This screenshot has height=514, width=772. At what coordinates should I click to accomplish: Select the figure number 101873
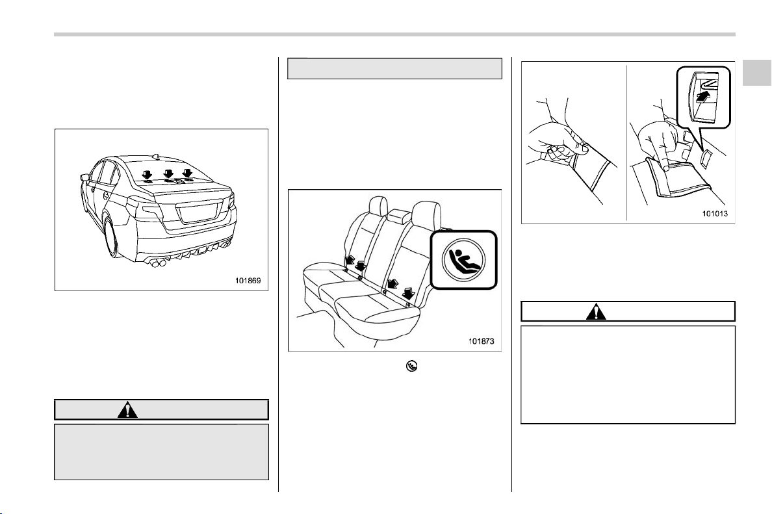tap(481, 341)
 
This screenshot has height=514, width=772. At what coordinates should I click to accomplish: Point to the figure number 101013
tap(715, 214)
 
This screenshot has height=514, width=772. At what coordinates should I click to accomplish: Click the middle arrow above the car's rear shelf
tap(169, 173)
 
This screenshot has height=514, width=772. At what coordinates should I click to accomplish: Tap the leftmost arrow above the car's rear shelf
tap(146, 173)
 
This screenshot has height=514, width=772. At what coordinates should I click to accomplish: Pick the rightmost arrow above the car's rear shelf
tap(188, 173)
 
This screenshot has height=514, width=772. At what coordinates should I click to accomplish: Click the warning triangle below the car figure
tap(127, 409)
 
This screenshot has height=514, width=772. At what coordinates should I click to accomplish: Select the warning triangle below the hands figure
tap(596, 312)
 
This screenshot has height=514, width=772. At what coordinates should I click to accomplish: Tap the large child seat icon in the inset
tap(464, 259)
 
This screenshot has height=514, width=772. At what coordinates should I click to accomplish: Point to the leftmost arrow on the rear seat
tap(351, 260)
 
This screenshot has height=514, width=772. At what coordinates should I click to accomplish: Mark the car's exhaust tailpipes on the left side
tap(158, 264)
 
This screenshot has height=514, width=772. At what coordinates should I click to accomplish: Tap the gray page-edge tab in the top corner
tap(757, 73)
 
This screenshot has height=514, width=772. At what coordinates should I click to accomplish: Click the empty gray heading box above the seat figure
tap(394, 68)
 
